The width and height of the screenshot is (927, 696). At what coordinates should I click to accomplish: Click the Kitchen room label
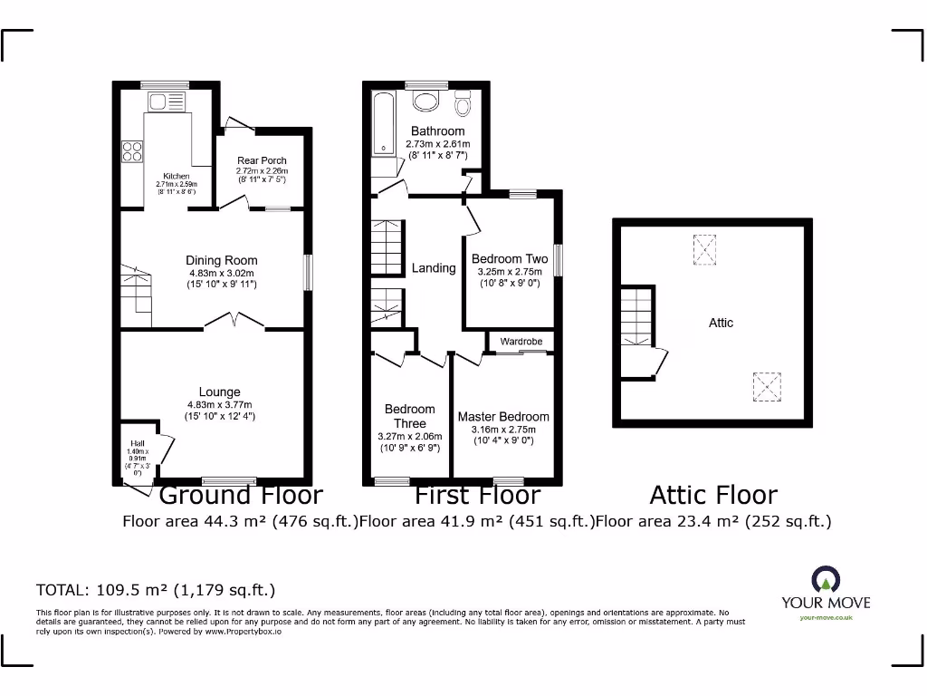[x=176, y=176]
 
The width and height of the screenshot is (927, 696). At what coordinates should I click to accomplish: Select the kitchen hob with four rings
[x=133, y=150]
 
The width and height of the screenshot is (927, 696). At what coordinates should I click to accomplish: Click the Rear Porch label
[x=262, y=160]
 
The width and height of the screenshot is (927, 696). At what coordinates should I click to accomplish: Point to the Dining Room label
[x=222, y=261]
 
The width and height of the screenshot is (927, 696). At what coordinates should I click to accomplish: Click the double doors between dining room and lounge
[x=234, y=320]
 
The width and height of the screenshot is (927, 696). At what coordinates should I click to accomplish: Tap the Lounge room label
[x=220, y=392]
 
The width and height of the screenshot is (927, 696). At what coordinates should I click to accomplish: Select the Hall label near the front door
[x=137, y=444]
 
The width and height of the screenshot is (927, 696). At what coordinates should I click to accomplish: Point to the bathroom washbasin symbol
[x=424, y=99]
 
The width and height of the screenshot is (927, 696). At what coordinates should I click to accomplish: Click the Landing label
[x=434, y=268]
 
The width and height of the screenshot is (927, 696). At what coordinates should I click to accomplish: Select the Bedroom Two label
[x=510, y=259]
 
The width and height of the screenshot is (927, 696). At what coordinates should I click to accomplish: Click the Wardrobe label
[x=521, y=342]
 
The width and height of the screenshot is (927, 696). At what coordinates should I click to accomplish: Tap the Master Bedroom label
[x=503, y=417]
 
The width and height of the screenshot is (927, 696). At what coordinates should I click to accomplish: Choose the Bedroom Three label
[x=409, y=416]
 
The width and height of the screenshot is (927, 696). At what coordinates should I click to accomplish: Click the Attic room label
[x=721, y=323]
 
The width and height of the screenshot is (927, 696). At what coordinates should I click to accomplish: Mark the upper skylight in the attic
[x=703, y=250]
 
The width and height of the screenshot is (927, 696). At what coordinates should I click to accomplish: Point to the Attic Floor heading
[x=713, y=495]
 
